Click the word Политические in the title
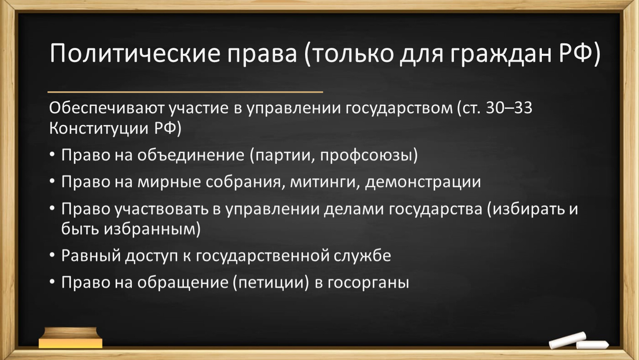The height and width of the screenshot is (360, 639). [135, 53]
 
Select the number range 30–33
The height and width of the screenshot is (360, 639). [509, 108]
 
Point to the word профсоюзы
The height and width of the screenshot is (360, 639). [366, 155]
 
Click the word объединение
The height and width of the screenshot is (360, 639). [191, 155]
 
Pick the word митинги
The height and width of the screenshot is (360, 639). [325, 182]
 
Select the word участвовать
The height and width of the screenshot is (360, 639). [162, 209]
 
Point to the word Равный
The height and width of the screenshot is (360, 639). [91, 255]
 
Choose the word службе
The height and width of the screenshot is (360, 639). [362, 255]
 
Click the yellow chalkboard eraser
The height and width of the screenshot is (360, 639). [70, 338]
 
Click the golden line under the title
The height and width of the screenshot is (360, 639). [185, 92]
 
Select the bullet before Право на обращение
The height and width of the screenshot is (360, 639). [52, 282]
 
